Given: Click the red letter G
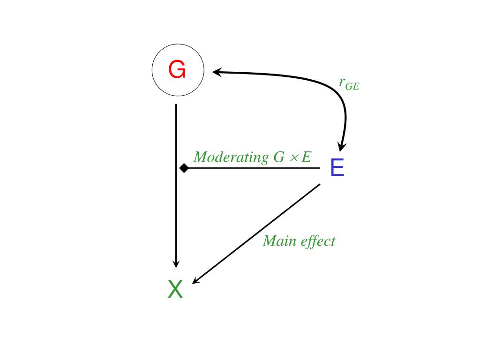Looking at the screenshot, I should (177, 70).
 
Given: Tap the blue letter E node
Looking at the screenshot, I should (337, 168).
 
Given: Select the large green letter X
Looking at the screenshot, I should (175, 289).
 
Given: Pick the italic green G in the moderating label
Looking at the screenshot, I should (279, 157).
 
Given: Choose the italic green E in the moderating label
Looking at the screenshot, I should (306, 157).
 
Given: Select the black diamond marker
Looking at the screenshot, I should (184, 167).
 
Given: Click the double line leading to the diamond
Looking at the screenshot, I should (253, 167).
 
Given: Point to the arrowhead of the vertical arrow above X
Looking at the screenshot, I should (176, 263).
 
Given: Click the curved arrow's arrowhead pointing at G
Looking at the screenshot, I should (217, 72).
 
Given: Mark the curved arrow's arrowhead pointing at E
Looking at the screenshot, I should (342, 147).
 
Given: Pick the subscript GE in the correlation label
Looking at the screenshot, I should (352, 87).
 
